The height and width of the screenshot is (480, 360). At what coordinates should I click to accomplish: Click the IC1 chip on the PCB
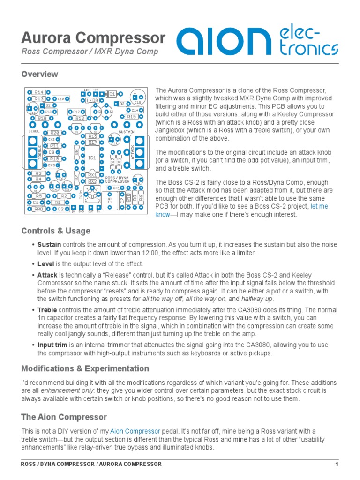[92, 158]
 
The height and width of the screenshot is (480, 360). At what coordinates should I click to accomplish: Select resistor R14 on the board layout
[39, 92]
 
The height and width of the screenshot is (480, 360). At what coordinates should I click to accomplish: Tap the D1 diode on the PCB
[112, 94]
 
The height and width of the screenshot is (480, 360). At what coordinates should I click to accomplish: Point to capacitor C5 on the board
[110, 199]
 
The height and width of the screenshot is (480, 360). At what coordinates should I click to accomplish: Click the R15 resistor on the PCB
[132, 116]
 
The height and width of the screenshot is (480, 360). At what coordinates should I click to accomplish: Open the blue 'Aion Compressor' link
[135, 431]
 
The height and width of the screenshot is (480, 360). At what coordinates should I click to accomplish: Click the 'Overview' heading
[40, 74]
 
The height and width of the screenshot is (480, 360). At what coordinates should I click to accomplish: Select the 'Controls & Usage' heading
[56, 231]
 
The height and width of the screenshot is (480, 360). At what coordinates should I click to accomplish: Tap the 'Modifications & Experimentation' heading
[85, 368]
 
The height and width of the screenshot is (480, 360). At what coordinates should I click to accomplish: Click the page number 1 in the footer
[337, 464]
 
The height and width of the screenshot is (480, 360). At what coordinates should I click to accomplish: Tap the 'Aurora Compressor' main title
[93, 38]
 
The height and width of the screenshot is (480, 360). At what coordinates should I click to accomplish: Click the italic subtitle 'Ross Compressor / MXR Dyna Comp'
[90, 52]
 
